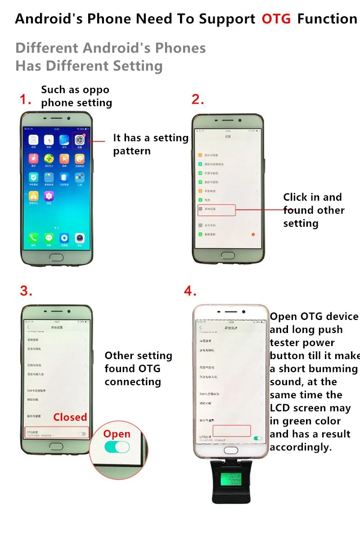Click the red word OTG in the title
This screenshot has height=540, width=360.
pos(276,19)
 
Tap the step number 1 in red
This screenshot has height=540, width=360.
pos(25,99)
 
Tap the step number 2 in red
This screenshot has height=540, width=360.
pos(198,99)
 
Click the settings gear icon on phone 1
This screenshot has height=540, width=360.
pos(80,140)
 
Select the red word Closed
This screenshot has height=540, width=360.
pos(70,417)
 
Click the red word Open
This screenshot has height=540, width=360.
pos(117,434)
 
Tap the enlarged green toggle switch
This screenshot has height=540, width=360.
pos(117,447)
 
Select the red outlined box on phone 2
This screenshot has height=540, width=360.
pos(216,210)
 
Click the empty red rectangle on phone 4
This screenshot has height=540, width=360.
pos(231,430)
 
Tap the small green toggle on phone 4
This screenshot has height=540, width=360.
pos(258,438)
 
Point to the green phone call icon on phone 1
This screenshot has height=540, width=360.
pos(33,238)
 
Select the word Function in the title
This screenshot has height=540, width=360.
pos(327,19)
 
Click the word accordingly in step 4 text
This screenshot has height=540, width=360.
pos(300,447)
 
